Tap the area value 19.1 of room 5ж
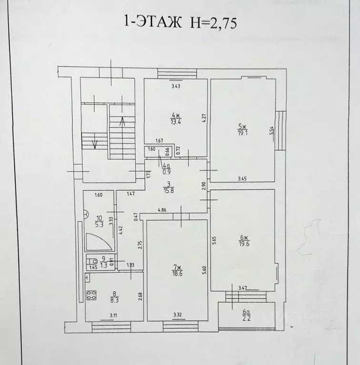point(242,133)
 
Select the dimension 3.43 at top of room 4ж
point(176,86)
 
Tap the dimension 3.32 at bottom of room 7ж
point(177,315)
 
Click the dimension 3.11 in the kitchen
point(114,315)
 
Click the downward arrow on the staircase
point(95,143)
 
